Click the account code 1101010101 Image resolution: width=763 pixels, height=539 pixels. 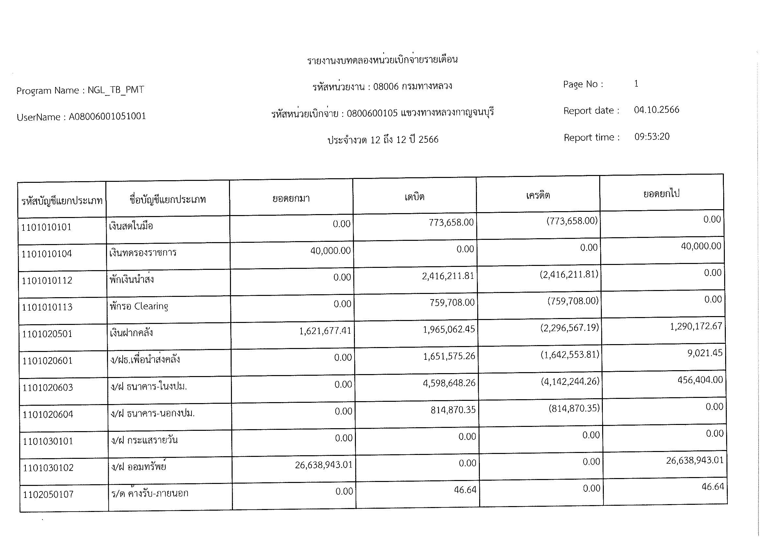[x=46, y=227]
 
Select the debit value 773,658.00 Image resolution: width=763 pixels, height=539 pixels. [x=451, y=222]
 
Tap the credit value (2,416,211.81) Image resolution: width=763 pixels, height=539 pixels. [x=569, y=274]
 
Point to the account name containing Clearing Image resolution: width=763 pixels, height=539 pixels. [x=139, y=306]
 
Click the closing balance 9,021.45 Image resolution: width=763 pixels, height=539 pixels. [x=705, y=353]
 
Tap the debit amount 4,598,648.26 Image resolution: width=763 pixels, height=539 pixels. [x=449, y=383]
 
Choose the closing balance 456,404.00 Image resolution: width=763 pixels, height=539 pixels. [x=700, y=380]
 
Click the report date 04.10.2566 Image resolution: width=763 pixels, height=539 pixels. [x=656, y=110]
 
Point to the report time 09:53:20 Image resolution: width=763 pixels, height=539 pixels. [x=652, y=137]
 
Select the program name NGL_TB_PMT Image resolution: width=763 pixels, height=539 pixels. [x=116, y=90]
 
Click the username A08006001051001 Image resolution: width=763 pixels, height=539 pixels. [x=107, y=116]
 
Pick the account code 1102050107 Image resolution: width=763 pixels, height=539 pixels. [x=49, y=495]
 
